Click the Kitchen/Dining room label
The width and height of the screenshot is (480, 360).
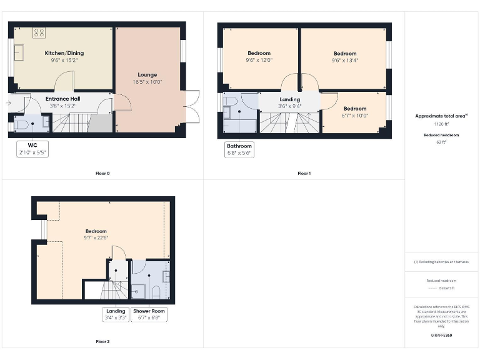(64, 53)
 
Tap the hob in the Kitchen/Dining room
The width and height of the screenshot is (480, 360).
(39, 32)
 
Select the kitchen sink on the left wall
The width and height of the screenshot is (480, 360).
(19, 52)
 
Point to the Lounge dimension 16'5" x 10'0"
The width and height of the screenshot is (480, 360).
(147, 82)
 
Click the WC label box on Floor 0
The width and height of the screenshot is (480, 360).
(32, 148)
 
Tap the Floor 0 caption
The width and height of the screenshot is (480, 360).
(102, 173)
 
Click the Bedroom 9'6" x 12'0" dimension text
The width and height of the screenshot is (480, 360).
(259, 61)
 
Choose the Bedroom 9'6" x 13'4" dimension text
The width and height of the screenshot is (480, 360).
(344, 61)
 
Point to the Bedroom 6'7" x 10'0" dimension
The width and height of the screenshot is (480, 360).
(355, 115)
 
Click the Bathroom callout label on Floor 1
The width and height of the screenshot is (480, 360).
(239, 150)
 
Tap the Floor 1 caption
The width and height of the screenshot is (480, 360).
(304, 173)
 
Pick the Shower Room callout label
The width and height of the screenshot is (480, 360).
(149, 314)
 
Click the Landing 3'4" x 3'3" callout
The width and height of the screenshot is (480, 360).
(116, 314)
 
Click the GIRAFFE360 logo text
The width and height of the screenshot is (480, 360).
(441, 336)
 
